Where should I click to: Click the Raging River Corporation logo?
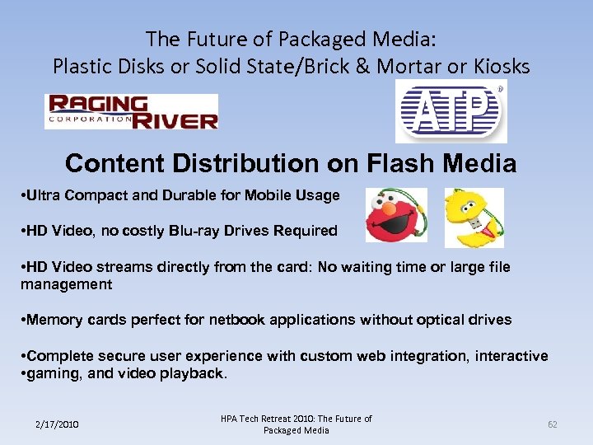pyautogui.click(x=131, y=111)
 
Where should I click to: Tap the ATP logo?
pyautogui.click(x=451, y=111)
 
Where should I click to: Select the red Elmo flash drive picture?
pyautogui.click(x=396, y=216)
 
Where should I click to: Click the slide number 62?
pyautogui.click(x=553, y=424)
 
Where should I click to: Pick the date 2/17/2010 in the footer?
pyautogui.click(x=57, y=424)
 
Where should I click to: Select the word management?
pyautogui.click(x=66, y=284)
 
